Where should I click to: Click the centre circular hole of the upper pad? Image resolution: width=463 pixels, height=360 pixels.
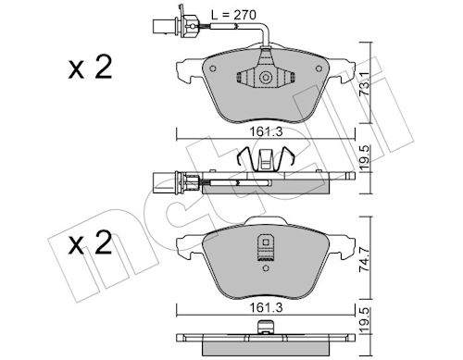[266, 79]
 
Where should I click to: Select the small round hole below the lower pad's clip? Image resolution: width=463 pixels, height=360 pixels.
[266, 263]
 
